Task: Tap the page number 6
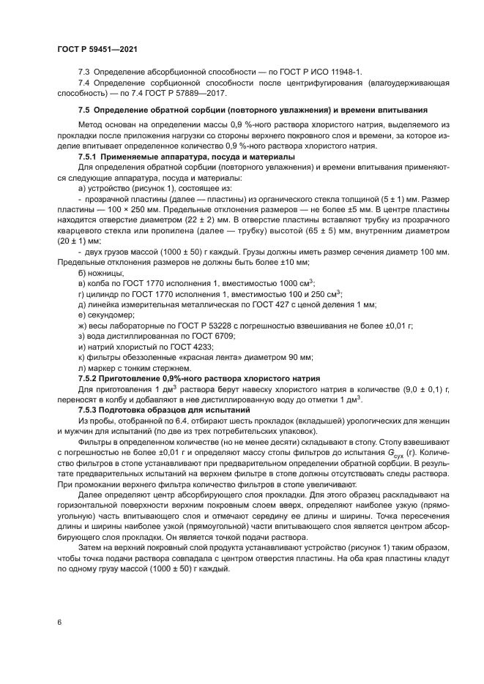coord(58,622)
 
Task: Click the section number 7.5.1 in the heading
coord(91,157)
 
